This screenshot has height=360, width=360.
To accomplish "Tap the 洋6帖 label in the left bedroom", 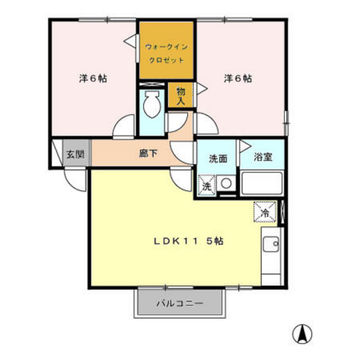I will tap(93, 78).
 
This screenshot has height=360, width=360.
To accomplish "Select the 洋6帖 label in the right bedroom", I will tap(238, 78).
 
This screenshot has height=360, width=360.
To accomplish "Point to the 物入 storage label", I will tap(181, 96).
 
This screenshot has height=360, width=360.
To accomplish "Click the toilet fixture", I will tap(152, 105).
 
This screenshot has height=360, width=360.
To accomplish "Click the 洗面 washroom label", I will tap(218, 158).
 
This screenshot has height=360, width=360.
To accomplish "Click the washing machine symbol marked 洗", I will tap(207, 186).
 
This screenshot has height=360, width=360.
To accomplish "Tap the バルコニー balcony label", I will tap(180, 303).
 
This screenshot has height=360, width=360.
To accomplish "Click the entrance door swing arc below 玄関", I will tap(75, 182).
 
